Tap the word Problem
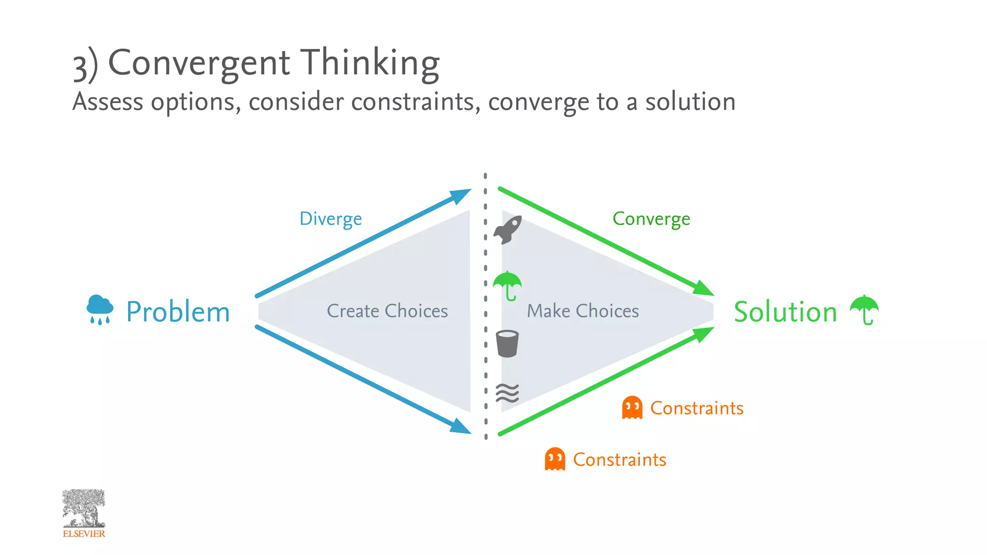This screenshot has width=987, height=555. tap(178, 312)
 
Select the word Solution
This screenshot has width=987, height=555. tap(785, 312)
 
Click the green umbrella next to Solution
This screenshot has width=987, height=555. tap(864, 309)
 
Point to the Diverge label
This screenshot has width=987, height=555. tap(331, 219)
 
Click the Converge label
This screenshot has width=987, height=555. tap(651, 219)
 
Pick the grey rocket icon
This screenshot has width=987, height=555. tap(508, 230)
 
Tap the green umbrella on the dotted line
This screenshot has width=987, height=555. tap(507, 285)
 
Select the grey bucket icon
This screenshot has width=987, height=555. tap(507, 344)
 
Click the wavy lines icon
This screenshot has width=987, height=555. tap(507, 393)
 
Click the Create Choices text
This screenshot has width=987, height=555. tap(387, 311)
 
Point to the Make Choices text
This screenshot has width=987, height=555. tap(583, 311)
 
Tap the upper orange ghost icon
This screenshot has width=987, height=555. tap(632, 408)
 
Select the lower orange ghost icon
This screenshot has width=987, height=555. tap(555, 459)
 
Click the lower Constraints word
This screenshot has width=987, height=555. tap(619, 460)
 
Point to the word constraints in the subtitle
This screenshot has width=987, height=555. tap(415, 102)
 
